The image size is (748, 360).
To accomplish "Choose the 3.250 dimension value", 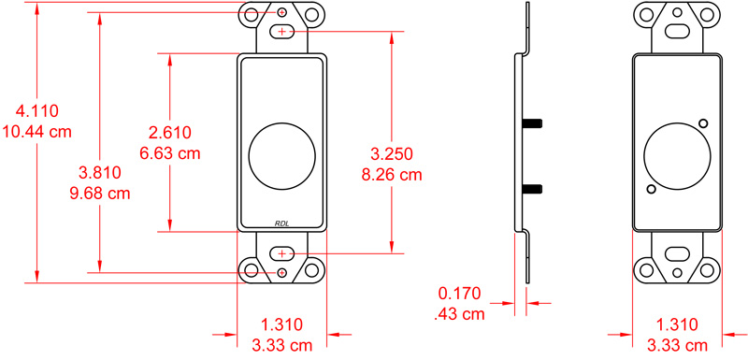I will point(392,153).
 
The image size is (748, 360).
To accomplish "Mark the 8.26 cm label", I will point(392,174).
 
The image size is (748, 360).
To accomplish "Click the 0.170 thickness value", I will point(460,295).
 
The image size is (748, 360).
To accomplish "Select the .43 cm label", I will point(460,314).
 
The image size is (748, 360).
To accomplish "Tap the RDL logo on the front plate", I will point(282,223).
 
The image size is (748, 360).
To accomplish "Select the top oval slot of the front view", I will point(282,33).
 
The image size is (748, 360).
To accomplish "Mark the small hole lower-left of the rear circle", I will point(651,190).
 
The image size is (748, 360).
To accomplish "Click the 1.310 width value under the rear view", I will point(677,325).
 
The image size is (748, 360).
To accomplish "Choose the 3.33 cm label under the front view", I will point(281,345).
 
